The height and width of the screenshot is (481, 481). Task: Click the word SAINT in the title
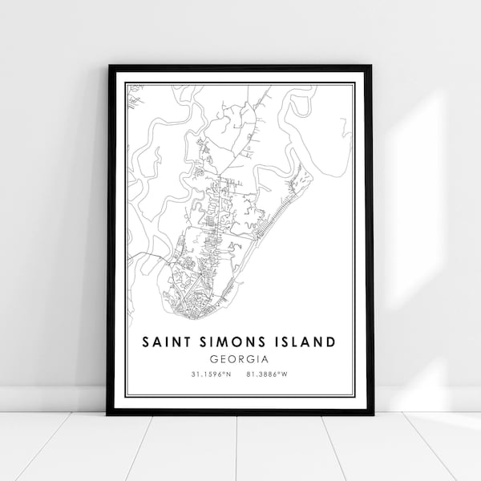164,342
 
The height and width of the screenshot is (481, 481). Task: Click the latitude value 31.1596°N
206,375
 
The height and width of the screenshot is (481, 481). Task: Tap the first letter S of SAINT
146,342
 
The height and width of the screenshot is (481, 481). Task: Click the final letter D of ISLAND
330,342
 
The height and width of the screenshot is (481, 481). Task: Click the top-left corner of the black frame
108,66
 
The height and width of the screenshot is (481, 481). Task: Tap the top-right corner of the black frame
372,66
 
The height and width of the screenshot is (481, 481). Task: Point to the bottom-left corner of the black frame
108,414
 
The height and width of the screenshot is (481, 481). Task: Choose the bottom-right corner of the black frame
372,414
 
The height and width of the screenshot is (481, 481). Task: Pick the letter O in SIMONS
233,342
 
